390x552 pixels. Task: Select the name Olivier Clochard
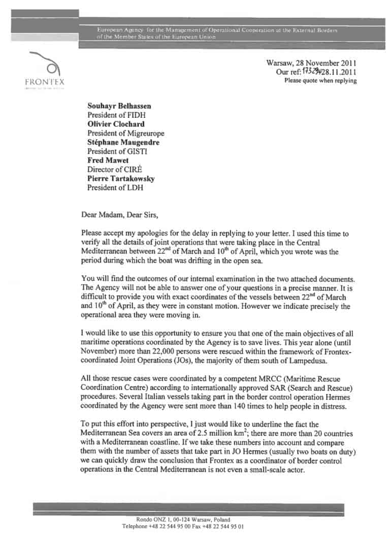pos(116,124)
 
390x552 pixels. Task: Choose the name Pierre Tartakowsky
pos(120,179)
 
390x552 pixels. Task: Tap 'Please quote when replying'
pos(320,81)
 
